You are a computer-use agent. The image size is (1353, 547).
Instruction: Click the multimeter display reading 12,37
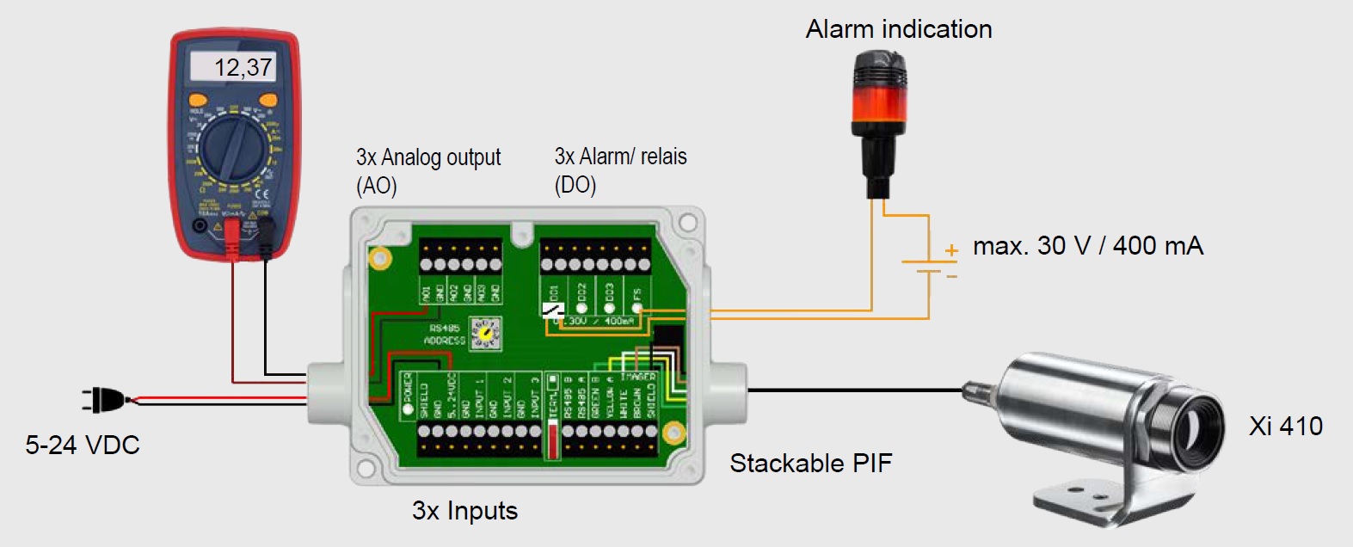click(233, 67)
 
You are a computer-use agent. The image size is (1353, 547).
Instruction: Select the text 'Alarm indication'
click(899, 29)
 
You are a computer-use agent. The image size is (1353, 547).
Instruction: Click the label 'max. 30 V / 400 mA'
click(1087, 246)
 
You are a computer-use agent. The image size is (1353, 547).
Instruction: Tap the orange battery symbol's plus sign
click(951, 250)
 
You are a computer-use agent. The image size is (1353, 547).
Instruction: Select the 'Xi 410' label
click(1285, 426)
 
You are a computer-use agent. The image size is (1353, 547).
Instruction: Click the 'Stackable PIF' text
click(810, 464)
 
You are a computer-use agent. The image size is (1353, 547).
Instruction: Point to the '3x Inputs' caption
click(464, 511)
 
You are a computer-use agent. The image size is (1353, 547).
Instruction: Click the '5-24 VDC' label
click(83, 445)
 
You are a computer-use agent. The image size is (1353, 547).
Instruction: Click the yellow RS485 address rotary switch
click(486, 333)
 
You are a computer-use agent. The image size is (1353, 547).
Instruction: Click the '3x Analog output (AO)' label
click(427, 170)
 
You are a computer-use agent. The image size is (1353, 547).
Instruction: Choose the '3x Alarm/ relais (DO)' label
click(620, 170)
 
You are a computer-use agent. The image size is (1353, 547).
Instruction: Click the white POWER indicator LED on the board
click(409, 409)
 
